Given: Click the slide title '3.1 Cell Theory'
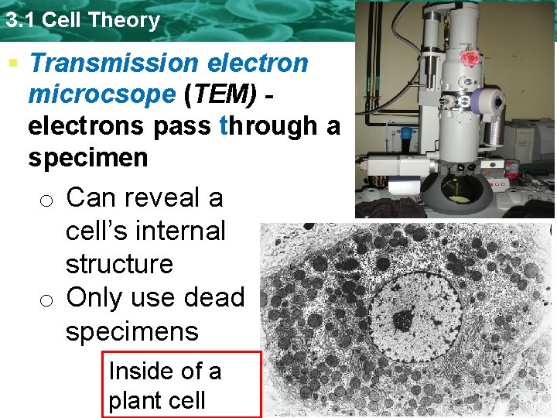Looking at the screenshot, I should (x=82, y=19).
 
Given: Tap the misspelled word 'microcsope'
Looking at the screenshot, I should (x=102, y=94).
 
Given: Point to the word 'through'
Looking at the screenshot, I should (x=269, y=125).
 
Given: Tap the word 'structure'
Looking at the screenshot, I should (x=119, y=264).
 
